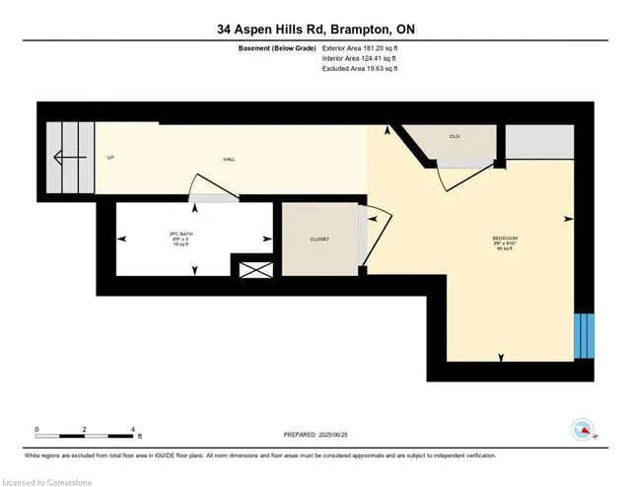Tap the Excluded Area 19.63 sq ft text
click(x=359, y=69)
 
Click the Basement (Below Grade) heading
click(x=278, y=47)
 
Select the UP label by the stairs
click(x=110, y=158)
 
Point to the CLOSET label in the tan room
click(x=318, y=240)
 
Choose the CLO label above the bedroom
click(x=455, y=136)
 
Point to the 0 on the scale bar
click(x=36, y=430)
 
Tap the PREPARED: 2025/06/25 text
click(x=315, y=434)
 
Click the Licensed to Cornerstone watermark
click(x=44, y=480)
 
